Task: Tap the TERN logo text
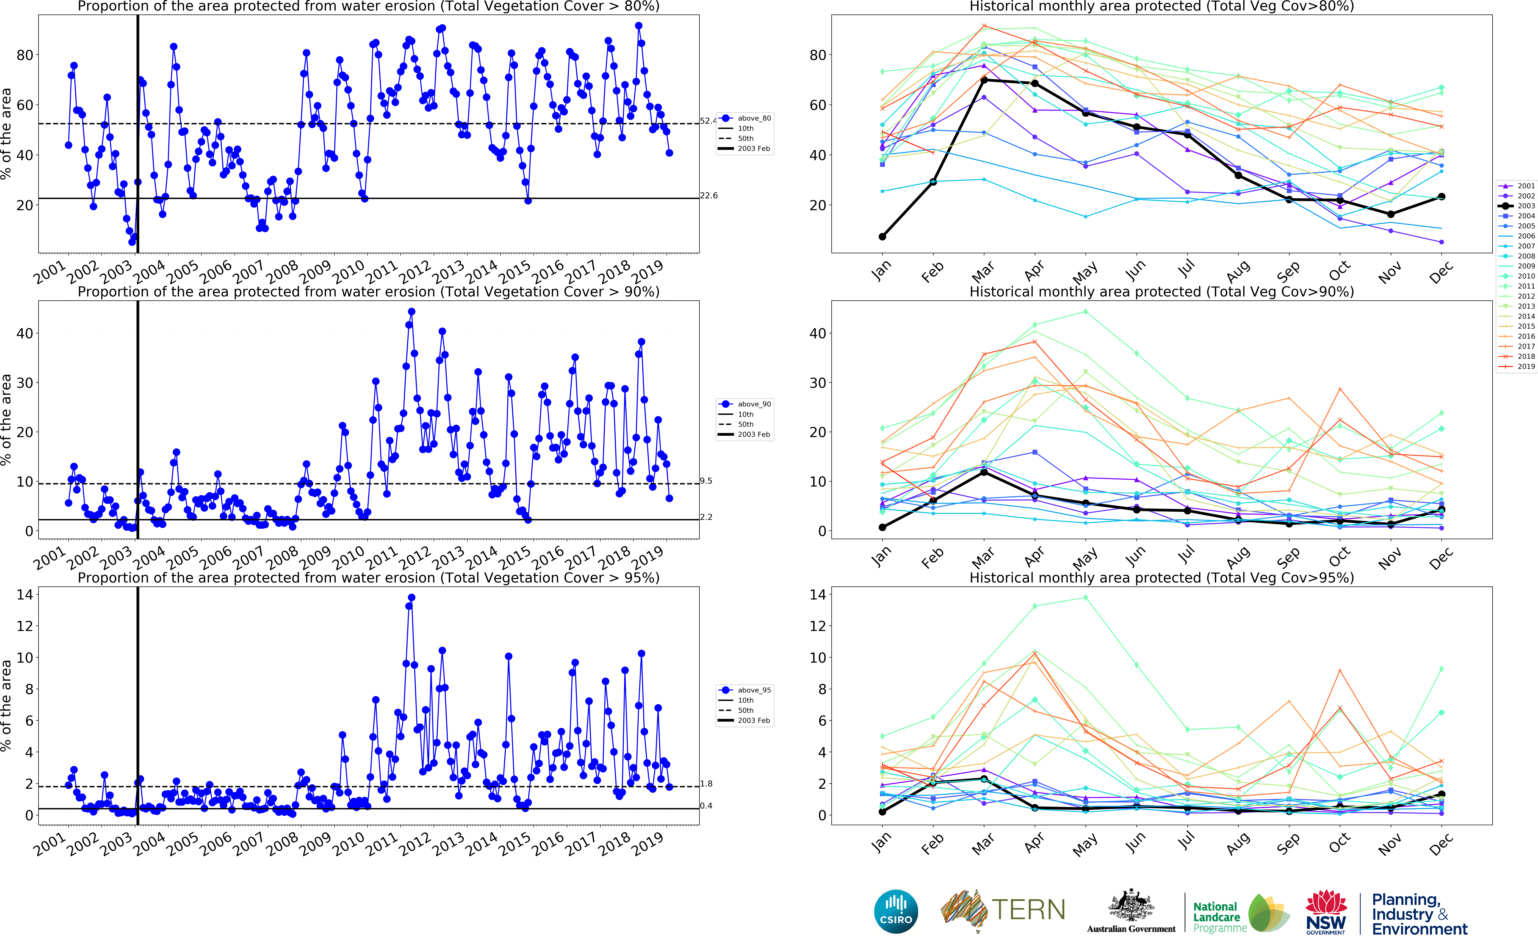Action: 1028,910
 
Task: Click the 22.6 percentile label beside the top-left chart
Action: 709,195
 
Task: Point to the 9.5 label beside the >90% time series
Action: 706,481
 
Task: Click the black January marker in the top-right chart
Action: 882,237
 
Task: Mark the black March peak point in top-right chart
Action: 984,80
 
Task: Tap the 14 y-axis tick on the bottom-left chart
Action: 25,594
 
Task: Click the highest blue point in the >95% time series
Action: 411,598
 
